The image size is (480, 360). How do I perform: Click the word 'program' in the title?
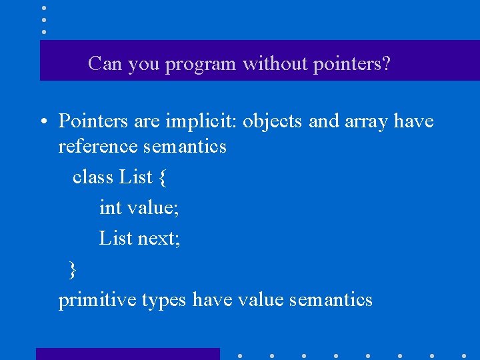click(x=201, y=65)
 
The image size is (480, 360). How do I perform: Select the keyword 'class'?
click(x=93, y=177)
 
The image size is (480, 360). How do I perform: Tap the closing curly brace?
click(x=73, y=269)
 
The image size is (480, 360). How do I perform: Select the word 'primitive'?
click(x=97, y=300)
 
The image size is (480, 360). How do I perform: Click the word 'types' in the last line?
click(x=163, y=301)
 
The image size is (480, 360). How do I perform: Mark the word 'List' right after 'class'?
click(x=136, y=177)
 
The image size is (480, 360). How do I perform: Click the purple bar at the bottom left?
click(x=127, y=354)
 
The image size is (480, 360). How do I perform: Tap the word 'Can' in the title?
click(x=103, y=64)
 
